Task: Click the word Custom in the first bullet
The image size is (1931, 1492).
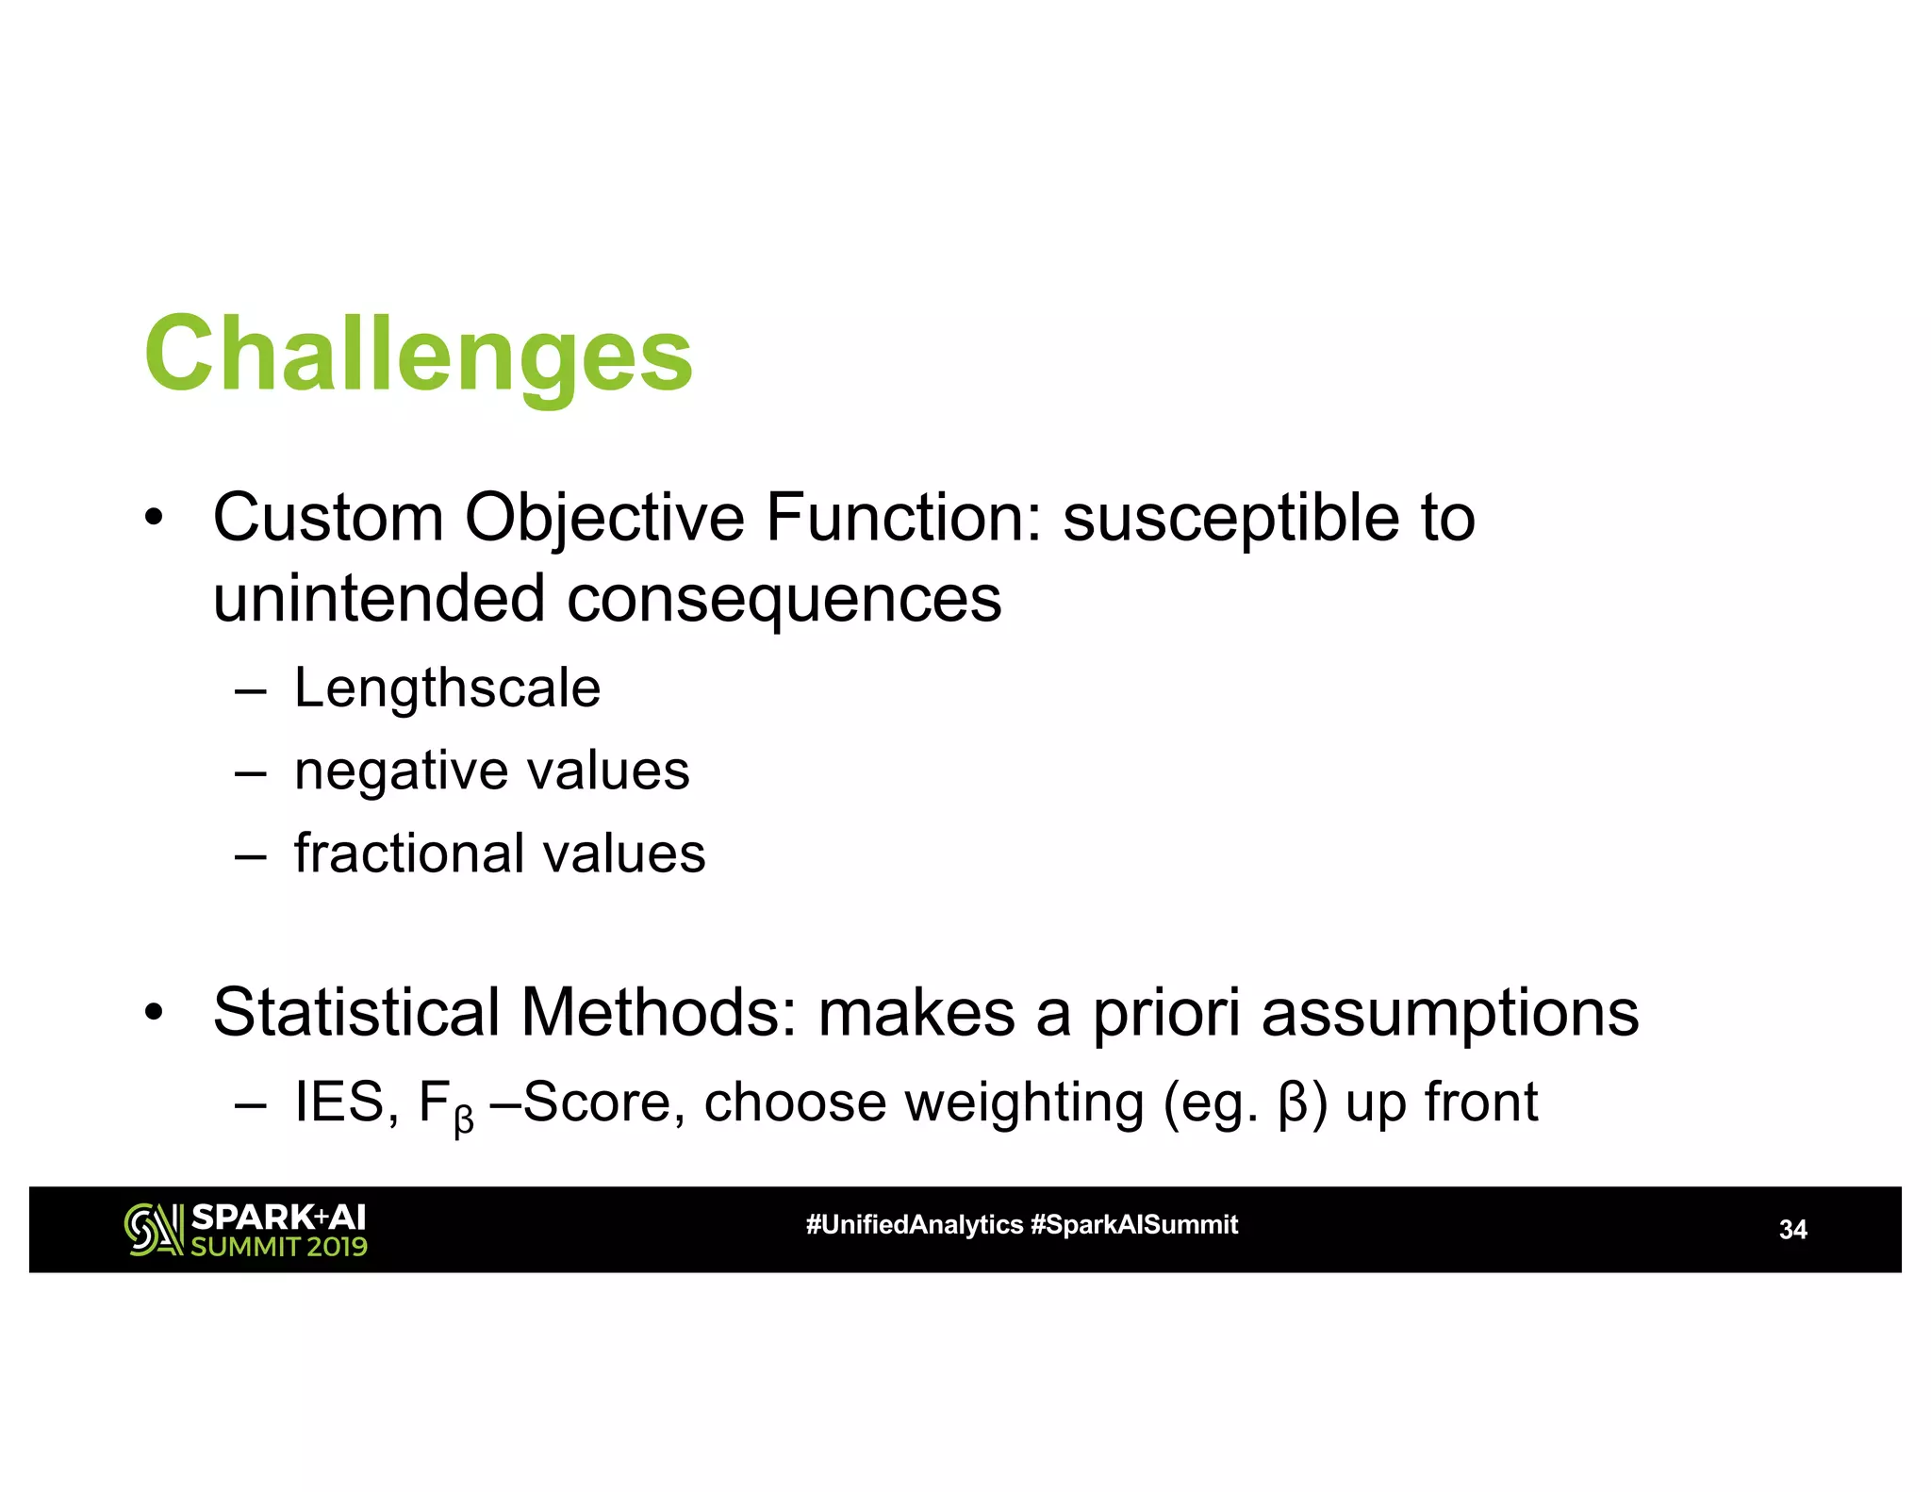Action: (x=328, y=518)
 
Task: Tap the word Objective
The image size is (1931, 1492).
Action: (x=603, y=518)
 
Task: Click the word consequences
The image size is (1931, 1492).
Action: (x=783, y=600)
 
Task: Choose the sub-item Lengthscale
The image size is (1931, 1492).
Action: (x=447, y=688)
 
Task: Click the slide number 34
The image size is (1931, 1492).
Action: (x=1792, y=1230)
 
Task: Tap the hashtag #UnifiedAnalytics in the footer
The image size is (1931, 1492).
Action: (x=914, y=1225)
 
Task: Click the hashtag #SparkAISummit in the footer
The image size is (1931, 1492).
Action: (x=1134, y=1225)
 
